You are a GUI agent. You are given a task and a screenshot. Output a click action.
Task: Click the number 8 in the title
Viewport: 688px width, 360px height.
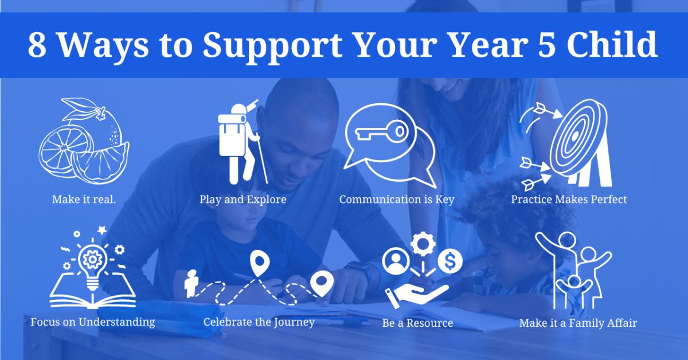coord(37,45)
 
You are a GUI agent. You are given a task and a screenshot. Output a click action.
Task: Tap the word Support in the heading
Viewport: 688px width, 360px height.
coord(272,46)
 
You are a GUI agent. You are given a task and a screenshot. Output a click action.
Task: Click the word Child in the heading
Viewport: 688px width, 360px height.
coord(612,44)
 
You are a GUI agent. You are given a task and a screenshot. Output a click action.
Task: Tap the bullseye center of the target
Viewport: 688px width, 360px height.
coord(574,136)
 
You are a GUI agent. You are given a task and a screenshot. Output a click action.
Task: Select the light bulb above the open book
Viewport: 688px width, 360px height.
coord(92,264)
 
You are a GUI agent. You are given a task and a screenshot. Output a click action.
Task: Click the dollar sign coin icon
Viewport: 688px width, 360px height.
coord(450,261)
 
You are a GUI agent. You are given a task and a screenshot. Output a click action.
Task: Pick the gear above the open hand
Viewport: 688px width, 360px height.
coord(423,244)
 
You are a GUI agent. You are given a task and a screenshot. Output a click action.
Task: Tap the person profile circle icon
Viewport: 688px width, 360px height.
coord(396,261)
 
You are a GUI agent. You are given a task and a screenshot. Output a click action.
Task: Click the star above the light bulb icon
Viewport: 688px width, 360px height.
coord(102,230)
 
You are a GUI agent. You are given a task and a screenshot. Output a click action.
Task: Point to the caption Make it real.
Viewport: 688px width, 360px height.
coord(84,199)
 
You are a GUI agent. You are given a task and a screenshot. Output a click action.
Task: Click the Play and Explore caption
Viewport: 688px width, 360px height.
coord(243,199)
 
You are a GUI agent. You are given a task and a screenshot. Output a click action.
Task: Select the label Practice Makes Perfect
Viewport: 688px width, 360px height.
coord(569,199)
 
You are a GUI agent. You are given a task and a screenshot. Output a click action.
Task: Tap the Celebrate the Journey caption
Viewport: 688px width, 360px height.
coord(259,322)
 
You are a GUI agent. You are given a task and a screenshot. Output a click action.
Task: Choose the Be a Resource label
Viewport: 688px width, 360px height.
coord(418,323)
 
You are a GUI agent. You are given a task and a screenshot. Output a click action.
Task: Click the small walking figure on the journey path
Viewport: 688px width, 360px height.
coord(191,284)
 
